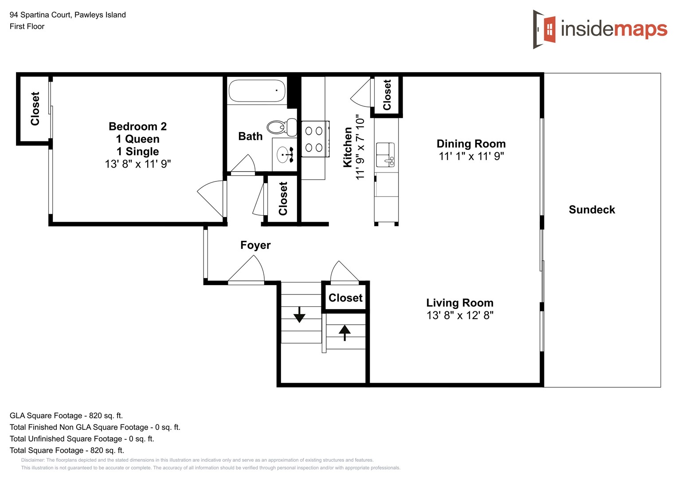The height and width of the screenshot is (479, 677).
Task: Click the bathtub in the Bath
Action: tap(257, 91)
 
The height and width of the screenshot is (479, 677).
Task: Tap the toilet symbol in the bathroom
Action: tap(282, 127)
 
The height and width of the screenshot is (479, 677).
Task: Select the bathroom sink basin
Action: tap(284, 155)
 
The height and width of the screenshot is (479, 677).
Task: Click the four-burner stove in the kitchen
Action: tap(314, 139)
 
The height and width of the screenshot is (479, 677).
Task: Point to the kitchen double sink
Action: tap(385, 154)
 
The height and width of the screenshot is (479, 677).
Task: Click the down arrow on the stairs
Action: tap(299, 314)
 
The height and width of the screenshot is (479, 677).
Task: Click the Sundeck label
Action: tap(591, 210)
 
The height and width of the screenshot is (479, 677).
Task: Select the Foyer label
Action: tap(255, 245)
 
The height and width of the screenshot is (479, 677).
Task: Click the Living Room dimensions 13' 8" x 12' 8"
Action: tap(460, 315)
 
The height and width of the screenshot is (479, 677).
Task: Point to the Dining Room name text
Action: tap(471, 144)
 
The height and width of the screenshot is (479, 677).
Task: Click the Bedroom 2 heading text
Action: tap(137, 126)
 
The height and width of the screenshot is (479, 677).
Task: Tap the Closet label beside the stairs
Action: tap(345, 298)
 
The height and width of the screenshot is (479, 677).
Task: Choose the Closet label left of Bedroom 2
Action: tap(35, 109)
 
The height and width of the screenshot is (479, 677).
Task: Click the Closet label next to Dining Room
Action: tap(387, 95)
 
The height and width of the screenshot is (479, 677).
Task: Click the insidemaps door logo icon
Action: tap(545, 29)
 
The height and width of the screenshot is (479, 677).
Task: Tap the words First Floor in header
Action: tap(27, 26)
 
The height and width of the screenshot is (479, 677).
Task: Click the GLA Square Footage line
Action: tap(66, 416)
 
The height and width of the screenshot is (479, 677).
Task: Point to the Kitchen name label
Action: tap(348, 147)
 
